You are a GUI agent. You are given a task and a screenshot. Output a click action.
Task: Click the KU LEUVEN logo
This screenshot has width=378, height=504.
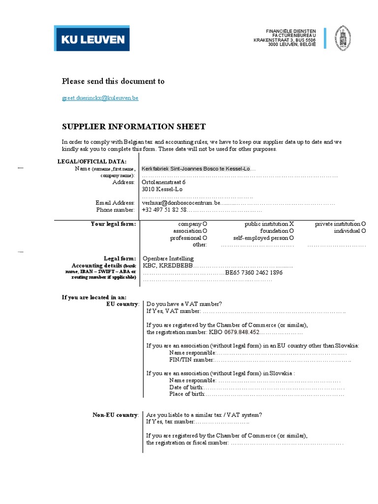coord(93,39)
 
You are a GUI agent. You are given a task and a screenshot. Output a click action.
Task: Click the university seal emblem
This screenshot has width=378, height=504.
coord(343,38)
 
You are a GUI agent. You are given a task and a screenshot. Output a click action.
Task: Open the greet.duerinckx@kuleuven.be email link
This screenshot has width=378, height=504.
coord(100,98)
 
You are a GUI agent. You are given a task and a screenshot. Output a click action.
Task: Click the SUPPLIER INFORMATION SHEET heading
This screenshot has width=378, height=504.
coord(133,126)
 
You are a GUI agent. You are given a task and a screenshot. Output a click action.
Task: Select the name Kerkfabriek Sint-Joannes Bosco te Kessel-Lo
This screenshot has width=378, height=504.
coord(196,169)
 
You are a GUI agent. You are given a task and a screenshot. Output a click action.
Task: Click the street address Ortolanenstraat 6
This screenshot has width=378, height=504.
coord(163,182)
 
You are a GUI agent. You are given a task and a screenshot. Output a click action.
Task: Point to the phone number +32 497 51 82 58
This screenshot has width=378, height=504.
coord(164,210)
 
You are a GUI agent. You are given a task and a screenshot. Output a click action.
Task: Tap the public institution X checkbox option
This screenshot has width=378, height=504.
coord(269,224)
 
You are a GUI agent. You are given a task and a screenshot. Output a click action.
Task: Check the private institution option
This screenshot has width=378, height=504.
coord(340,224)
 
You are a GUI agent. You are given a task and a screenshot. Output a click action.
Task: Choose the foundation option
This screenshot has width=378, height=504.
coord(277,231)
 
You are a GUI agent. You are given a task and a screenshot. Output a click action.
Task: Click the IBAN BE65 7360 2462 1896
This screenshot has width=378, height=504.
coord(253,273)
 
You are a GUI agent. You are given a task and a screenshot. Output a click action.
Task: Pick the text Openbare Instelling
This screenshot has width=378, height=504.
coord(168,258)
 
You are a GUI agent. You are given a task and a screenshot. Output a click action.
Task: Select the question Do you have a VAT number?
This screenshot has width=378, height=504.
coord(184,304)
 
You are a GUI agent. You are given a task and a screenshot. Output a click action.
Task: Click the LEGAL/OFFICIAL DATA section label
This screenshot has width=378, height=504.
coord(92,161)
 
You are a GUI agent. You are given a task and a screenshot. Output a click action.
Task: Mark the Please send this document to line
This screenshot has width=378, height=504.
coord(113,81)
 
